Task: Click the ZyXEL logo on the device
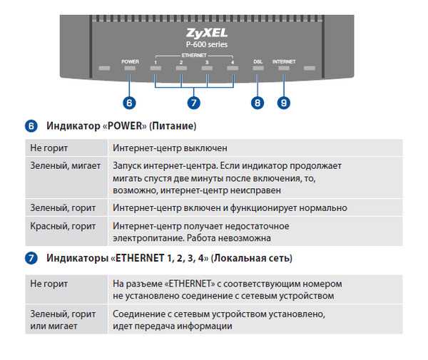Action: pyautogui.click(x=207, y=33)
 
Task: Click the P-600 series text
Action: pyautogui.click(x=207, y=44)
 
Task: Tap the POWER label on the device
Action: pyautogui.click(x=130, y=61)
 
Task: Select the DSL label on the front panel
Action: pyautogui.click(x=258, y=61)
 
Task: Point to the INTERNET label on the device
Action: pyautogui.click(x=284, y=61)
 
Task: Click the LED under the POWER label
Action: pyautogui.click(x=130, y=68)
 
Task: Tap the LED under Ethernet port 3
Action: pyautogui.click(x=207, y=68)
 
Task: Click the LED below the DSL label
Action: pyautogui.click(x=258, y=68)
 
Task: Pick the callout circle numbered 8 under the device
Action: pyautogui.click(x=258, y=103)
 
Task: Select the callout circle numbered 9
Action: pyautogui.click(x=284, y=103)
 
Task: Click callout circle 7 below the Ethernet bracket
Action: pyautogui.click(x=194, y=103)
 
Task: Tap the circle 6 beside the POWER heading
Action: pyautogui.click(x=31, y=126)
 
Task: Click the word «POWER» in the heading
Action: pyautogui.click(x=124, y=126)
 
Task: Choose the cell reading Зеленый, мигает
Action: pyautogui.click(x=65, y=166)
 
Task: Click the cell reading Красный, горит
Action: pyautogui.click(x=63, y=226)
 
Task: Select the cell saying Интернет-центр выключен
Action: pyautogui.click(x=170, y=148)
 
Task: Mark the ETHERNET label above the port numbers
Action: pyautogui.click(x=194, y=56)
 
